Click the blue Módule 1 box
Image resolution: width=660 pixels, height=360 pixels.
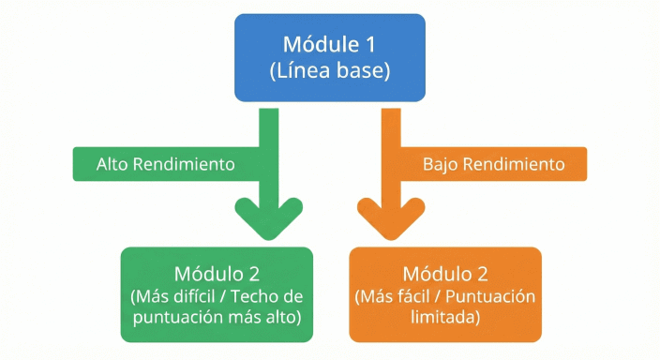[x=329, y=57]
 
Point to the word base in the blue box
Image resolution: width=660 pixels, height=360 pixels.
[x=360, y=71]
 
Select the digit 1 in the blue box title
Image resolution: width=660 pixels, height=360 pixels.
[x=370, y=44]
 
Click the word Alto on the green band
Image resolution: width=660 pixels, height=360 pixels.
[x=114, y=164]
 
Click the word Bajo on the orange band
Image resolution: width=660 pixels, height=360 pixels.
[x=442, y=164]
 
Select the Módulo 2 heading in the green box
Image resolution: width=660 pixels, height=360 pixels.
[x=217, y=275]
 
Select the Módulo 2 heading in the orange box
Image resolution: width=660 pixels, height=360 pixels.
[x=445, y=275]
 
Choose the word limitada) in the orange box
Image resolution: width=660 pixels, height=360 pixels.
[x=445, y=318]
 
